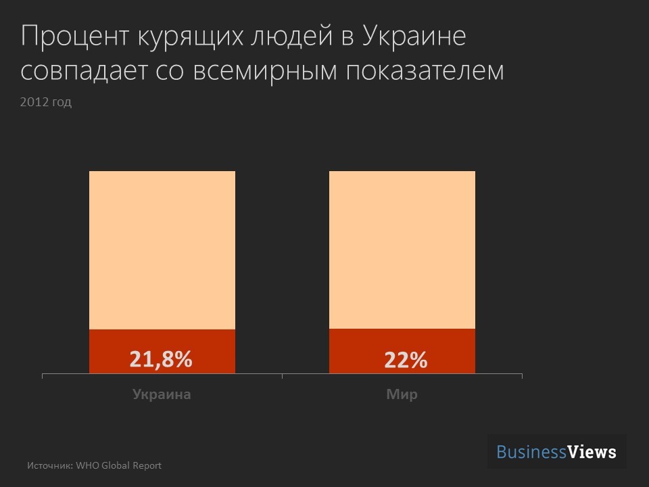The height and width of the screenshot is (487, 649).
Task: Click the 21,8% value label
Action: click(x=161, y=359)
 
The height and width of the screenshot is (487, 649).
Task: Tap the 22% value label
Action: click(x=406, y=361)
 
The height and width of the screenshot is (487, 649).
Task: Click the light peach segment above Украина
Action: click(x=162, y=250)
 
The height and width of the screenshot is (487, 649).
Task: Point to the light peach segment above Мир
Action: click(x=402, y=250)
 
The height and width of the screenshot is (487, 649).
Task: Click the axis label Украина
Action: click(x=162, y=394)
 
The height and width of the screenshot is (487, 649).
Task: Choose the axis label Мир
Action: click(x=402, y=394)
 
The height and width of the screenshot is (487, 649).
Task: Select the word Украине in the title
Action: click(x=414, y=37)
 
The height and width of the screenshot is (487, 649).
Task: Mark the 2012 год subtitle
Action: click(x=46, y=103)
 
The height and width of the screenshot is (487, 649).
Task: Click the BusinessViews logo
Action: click(x=556, y=452)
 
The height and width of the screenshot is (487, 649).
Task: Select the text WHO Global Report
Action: click(x=118, y=465)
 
